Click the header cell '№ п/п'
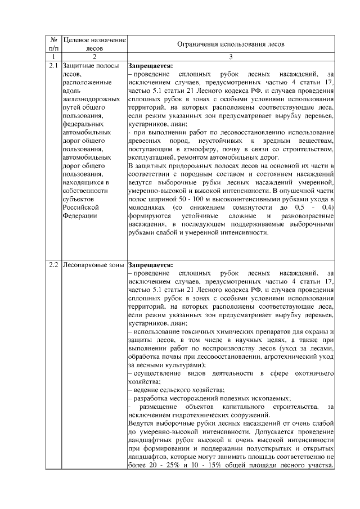(53, 44)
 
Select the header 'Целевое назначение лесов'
(94, 44)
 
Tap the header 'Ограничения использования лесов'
(231, 44)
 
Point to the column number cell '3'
(231, 57)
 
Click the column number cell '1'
(53, 57)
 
